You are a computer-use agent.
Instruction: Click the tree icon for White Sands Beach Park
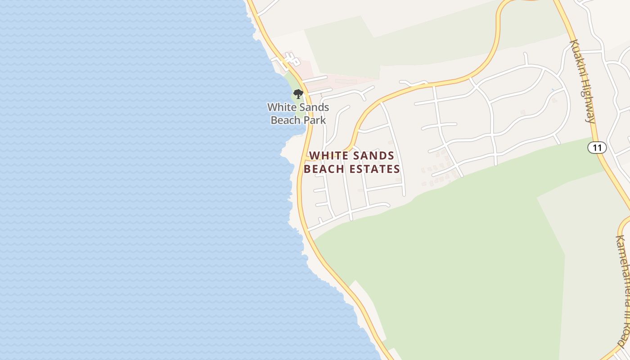298,94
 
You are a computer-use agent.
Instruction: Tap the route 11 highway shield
597,147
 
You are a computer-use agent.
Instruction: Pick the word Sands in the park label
313,108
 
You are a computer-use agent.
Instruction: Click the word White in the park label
281,108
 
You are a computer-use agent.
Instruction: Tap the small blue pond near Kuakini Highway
553,90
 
